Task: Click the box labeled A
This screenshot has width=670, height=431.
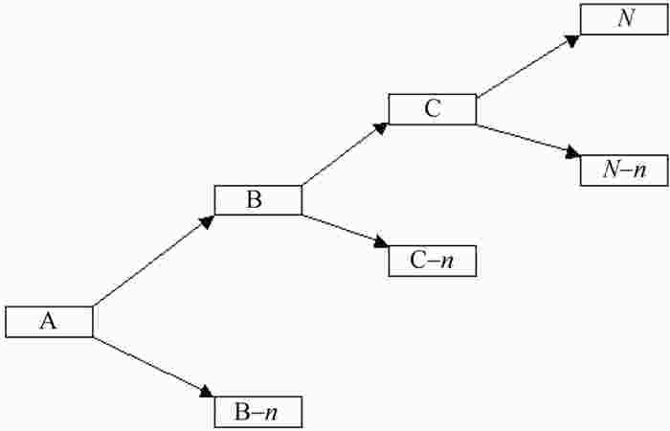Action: coord(49,322)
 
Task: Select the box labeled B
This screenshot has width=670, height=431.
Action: coord(258,200)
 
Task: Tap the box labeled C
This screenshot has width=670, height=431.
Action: coord(433,109)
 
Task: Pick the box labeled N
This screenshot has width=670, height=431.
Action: coord(624,19)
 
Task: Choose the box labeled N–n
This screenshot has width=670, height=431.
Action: coord(624,170)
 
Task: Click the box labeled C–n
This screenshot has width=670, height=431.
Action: coord(433,261)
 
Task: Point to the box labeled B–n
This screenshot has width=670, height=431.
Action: coord(258,412)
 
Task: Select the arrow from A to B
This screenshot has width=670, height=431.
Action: coord(153,261)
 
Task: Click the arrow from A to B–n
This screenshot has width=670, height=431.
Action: coord(153,367)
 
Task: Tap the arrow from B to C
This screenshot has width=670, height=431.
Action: coord(345,154)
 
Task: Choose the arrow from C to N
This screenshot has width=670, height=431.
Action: coord(528,66)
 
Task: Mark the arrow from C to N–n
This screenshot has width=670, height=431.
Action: coord(528,140)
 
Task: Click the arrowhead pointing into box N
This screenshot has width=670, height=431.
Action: coord(572,40)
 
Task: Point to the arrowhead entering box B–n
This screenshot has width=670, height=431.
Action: coord(207,392)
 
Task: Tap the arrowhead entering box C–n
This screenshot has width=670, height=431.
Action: coord(381,242)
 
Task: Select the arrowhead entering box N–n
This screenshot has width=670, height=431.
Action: coord(573,153)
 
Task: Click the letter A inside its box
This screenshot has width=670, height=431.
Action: coord(48,321)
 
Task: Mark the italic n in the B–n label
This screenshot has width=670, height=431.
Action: coord(271,414)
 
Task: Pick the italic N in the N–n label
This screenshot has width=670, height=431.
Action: coord(611,170)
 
